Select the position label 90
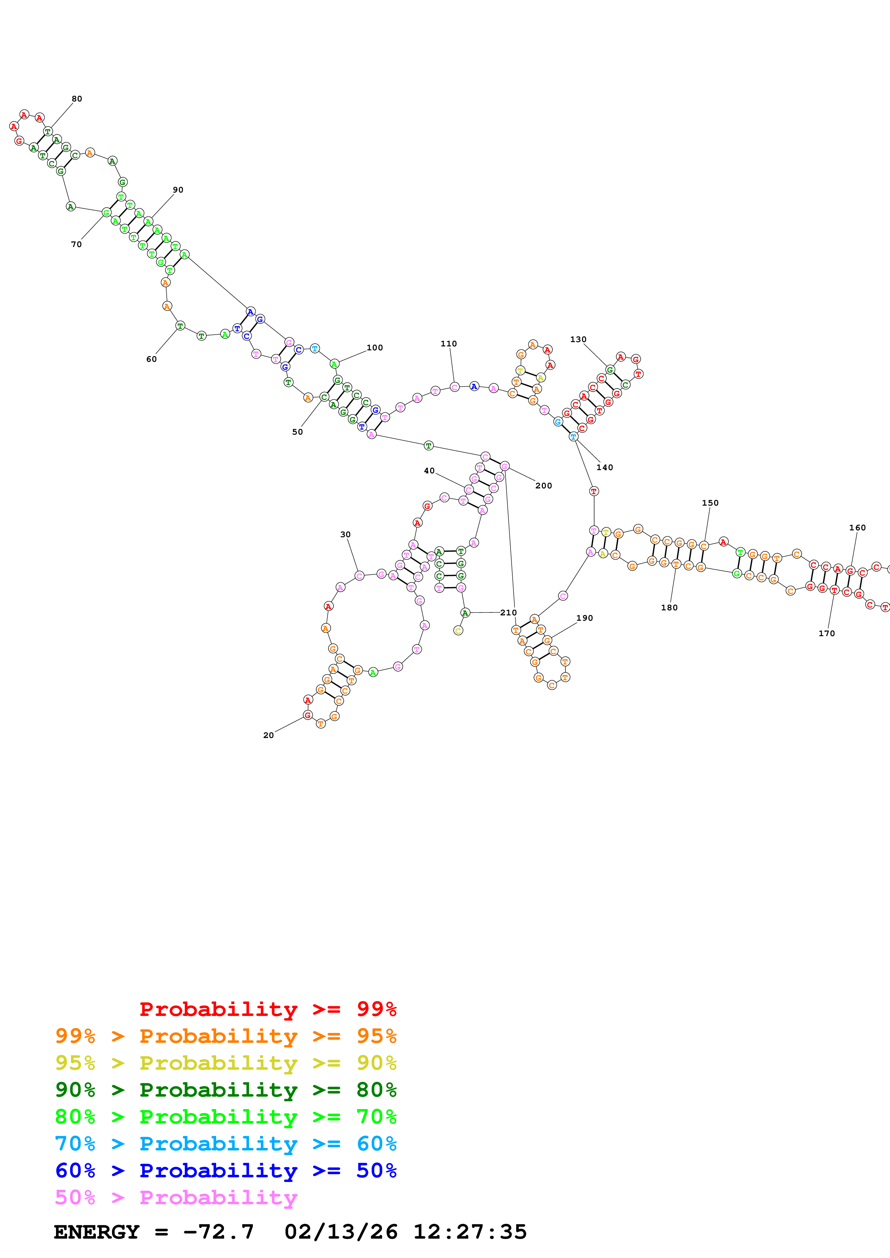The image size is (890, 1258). point(178,190)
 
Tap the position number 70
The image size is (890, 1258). point(76,244)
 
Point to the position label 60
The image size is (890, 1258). point(152,359)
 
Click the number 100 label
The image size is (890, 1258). point(375,348)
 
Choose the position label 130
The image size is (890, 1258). point(578,340)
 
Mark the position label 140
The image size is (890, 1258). point(605,467)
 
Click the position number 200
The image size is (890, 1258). point(544,486)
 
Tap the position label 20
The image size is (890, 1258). point(268,735)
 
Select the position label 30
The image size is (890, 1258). point(345,535)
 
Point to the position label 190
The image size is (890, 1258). point(584,618)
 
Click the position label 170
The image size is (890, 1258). point(826,633)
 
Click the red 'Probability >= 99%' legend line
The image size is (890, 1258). point(267,1009)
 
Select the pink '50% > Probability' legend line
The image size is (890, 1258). point(176,1198)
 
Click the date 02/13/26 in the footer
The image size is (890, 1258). point(341,1232)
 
